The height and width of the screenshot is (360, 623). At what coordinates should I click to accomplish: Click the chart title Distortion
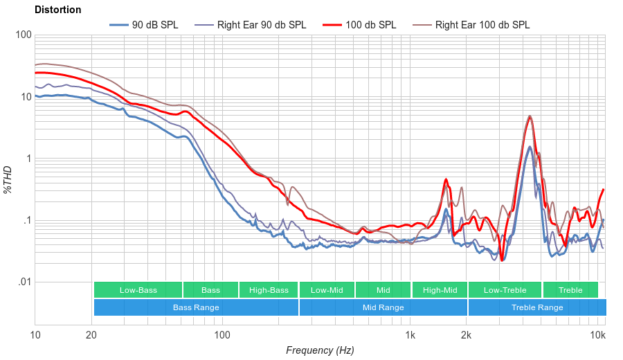pos(58,10)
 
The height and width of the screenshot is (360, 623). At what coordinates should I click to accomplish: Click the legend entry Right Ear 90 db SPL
pos(261,25)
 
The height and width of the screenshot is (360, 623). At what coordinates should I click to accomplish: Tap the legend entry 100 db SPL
pos(370,25)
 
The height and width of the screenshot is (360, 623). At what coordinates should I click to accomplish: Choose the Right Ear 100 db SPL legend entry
pos(482,25)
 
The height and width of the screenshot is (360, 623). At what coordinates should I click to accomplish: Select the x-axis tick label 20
pos(91,335)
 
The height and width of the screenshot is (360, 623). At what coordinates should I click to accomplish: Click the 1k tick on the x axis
pos(410,335)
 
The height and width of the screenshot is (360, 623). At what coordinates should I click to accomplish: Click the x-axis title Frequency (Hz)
pos(320,350)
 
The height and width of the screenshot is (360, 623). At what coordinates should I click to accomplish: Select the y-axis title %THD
pos(8,179)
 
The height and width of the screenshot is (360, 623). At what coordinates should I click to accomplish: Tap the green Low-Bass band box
pos(138,290)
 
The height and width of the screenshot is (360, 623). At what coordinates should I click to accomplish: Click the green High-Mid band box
pos(440,290)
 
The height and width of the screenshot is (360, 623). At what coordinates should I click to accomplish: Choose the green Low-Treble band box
pos(505,290)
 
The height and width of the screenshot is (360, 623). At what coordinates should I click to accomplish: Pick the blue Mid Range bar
pos(383,307)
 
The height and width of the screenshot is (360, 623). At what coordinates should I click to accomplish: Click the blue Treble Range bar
pos(536,307)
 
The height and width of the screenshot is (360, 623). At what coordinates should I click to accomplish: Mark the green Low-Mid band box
pos(327,290)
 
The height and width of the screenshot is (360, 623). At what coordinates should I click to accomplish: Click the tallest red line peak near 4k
pos(530,117)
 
